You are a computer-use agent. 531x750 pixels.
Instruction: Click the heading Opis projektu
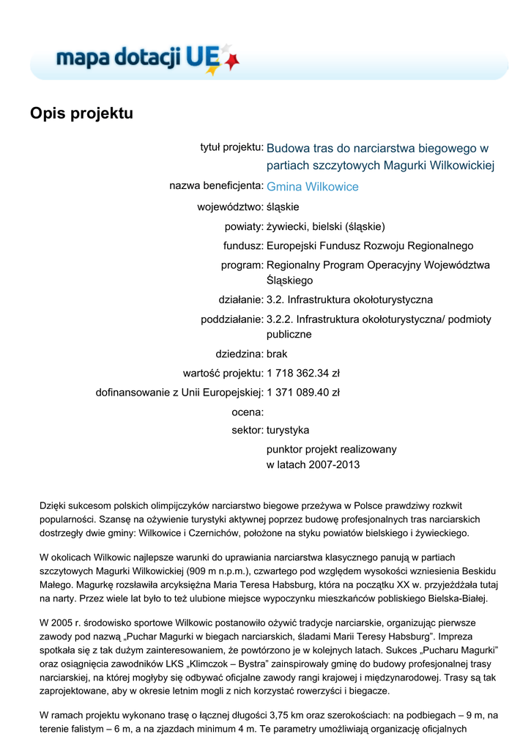pyautogui.click(x=81, y=114)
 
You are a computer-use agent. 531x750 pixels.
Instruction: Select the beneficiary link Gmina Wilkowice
pyautogui.click(x=312, y=187)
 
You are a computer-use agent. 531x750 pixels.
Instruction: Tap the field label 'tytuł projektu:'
pyautogui.click(x=231, y=148)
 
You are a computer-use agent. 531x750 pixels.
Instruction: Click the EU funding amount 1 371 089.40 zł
pyautogui.click(x=303, y=392)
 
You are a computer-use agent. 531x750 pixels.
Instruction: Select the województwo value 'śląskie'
pyautogui.click(x=283, y=207)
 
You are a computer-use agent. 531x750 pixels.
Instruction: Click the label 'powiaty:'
pyautogui.click(x=244, y=226)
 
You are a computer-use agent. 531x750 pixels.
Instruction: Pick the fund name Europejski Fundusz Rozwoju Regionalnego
pyautogui.click(x=370, y=245)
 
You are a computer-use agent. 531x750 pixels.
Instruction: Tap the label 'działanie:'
pyautogui.click(x=241, y=300)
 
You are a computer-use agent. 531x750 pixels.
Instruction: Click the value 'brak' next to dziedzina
pyautogui.click(x=277, y=354)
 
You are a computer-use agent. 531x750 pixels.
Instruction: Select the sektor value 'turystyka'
pyautogui.click(x=288, y=430)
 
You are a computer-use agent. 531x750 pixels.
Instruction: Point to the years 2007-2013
pyautogui.click(x=335, y=465)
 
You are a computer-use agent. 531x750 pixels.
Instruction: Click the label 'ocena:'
pyautogui.click(x=247, y=412)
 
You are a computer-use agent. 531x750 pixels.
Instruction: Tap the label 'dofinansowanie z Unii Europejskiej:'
pyautogui.click(x=179, y=392)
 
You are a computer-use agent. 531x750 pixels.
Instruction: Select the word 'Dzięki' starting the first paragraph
pyautogui.click(x=53, y=506)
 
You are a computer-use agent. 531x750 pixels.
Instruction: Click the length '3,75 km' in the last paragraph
pyautogui.click(x=286, y=716)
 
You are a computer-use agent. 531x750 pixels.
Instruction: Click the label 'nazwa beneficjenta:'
pyautogui.click(x=216, y=186)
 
